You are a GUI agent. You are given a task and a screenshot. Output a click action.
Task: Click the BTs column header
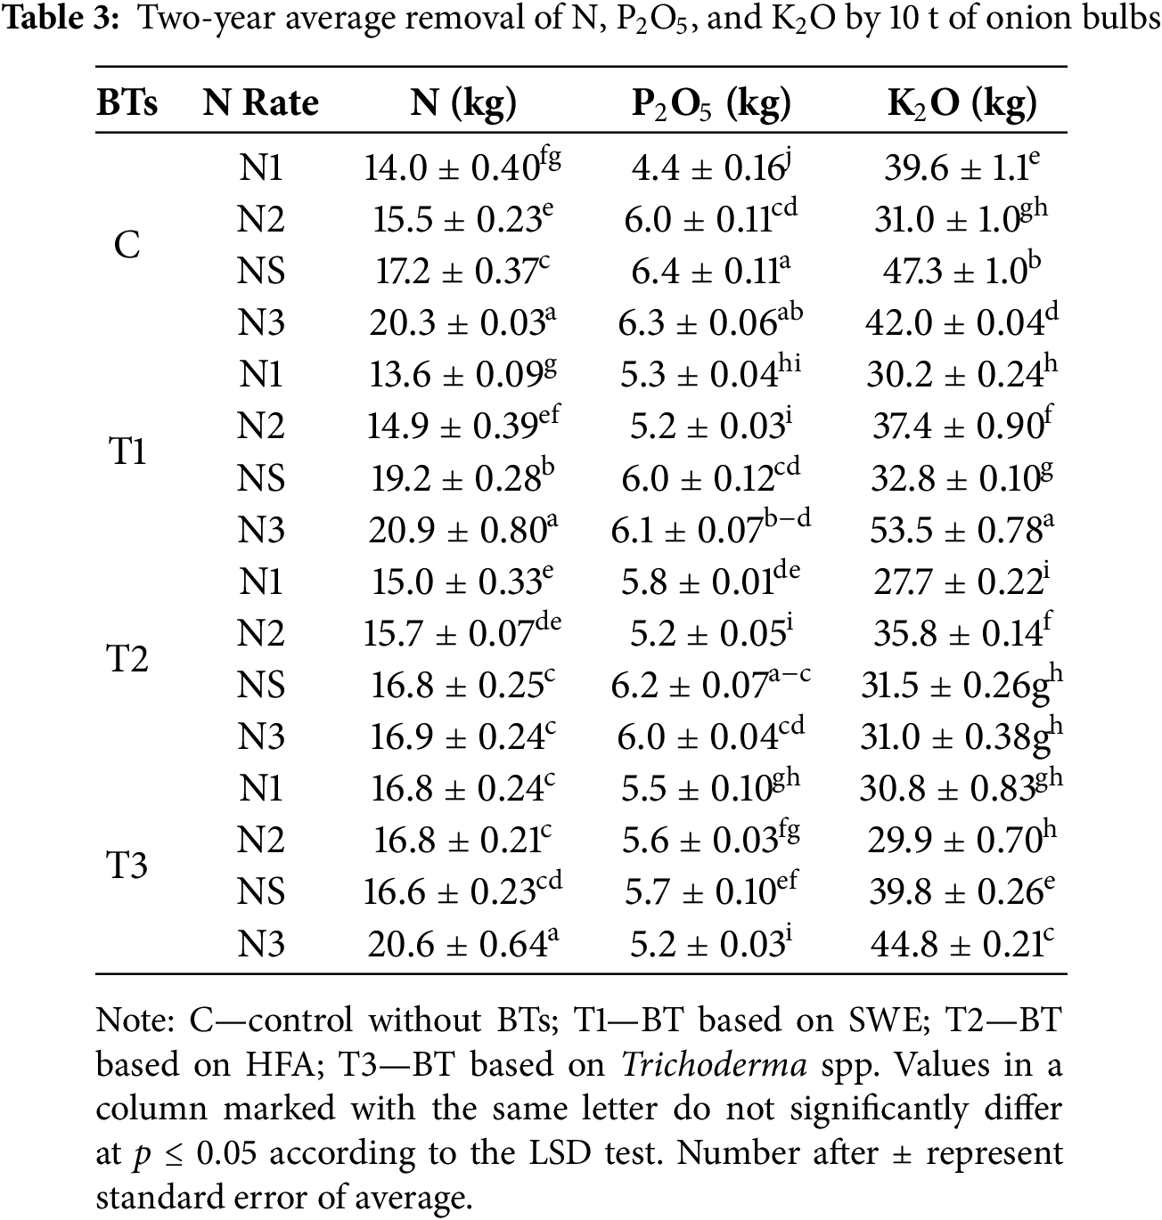(x=127, y=104)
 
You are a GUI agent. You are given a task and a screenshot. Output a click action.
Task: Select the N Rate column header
(x=260, y=104)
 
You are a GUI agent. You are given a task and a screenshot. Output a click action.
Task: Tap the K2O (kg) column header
(x=962, y=104)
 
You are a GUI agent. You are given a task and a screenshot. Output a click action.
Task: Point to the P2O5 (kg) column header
(x=711, y=104)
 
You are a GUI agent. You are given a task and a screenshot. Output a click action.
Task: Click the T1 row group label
(x=127, y=451)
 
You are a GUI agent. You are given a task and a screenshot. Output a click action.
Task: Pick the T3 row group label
(x=127, y=865)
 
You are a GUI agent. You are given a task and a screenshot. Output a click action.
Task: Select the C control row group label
(x=127, y=245)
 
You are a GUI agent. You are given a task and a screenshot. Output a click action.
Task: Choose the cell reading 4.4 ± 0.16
(x=711, y=167)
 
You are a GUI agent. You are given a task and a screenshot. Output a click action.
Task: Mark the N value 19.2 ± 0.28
(x=456, y=478)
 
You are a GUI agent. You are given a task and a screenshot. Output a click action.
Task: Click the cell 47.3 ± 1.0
(x=961, y=271)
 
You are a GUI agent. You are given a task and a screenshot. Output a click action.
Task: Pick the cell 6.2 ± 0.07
(x=710, y=685)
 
